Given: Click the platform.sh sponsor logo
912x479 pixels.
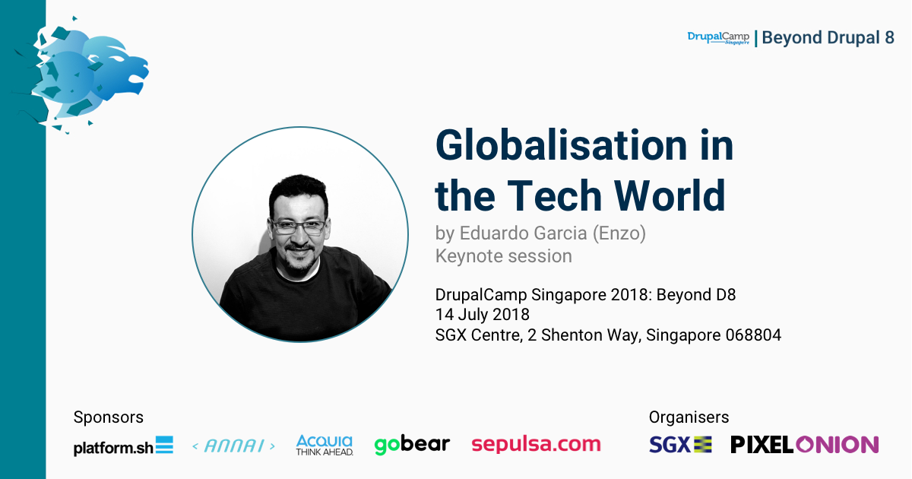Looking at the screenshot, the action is click(123, 446).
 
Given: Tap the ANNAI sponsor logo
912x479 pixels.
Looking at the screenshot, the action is click(234, 446).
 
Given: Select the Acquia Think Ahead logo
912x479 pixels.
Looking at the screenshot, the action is click(325, 446).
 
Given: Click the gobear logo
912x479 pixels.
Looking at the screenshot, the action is click(412, 445).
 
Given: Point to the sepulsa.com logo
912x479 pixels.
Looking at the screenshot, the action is click(537, 444).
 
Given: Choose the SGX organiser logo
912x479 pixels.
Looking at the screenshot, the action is click(680, 444).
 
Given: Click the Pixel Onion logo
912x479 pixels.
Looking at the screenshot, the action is click(805, 444).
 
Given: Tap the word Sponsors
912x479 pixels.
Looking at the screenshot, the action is click(108, 417).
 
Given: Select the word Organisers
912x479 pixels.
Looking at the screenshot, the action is click(689, 417).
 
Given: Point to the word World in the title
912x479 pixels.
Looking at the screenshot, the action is click(670, 196).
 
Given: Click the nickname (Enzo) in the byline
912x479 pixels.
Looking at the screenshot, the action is click(619, 233).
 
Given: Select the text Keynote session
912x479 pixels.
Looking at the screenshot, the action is click(504, 256).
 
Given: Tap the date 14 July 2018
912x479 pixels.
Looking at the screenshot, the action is click(483, 315).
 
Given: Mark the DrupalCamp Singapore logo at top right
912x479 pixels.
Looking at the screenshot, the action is click(719, 38).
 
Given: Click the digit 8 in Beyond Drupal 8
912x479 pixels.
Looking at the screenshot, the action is click(889, 38).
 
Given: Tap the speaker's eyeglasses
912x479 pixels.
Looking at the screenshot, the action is click(299, 227).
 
